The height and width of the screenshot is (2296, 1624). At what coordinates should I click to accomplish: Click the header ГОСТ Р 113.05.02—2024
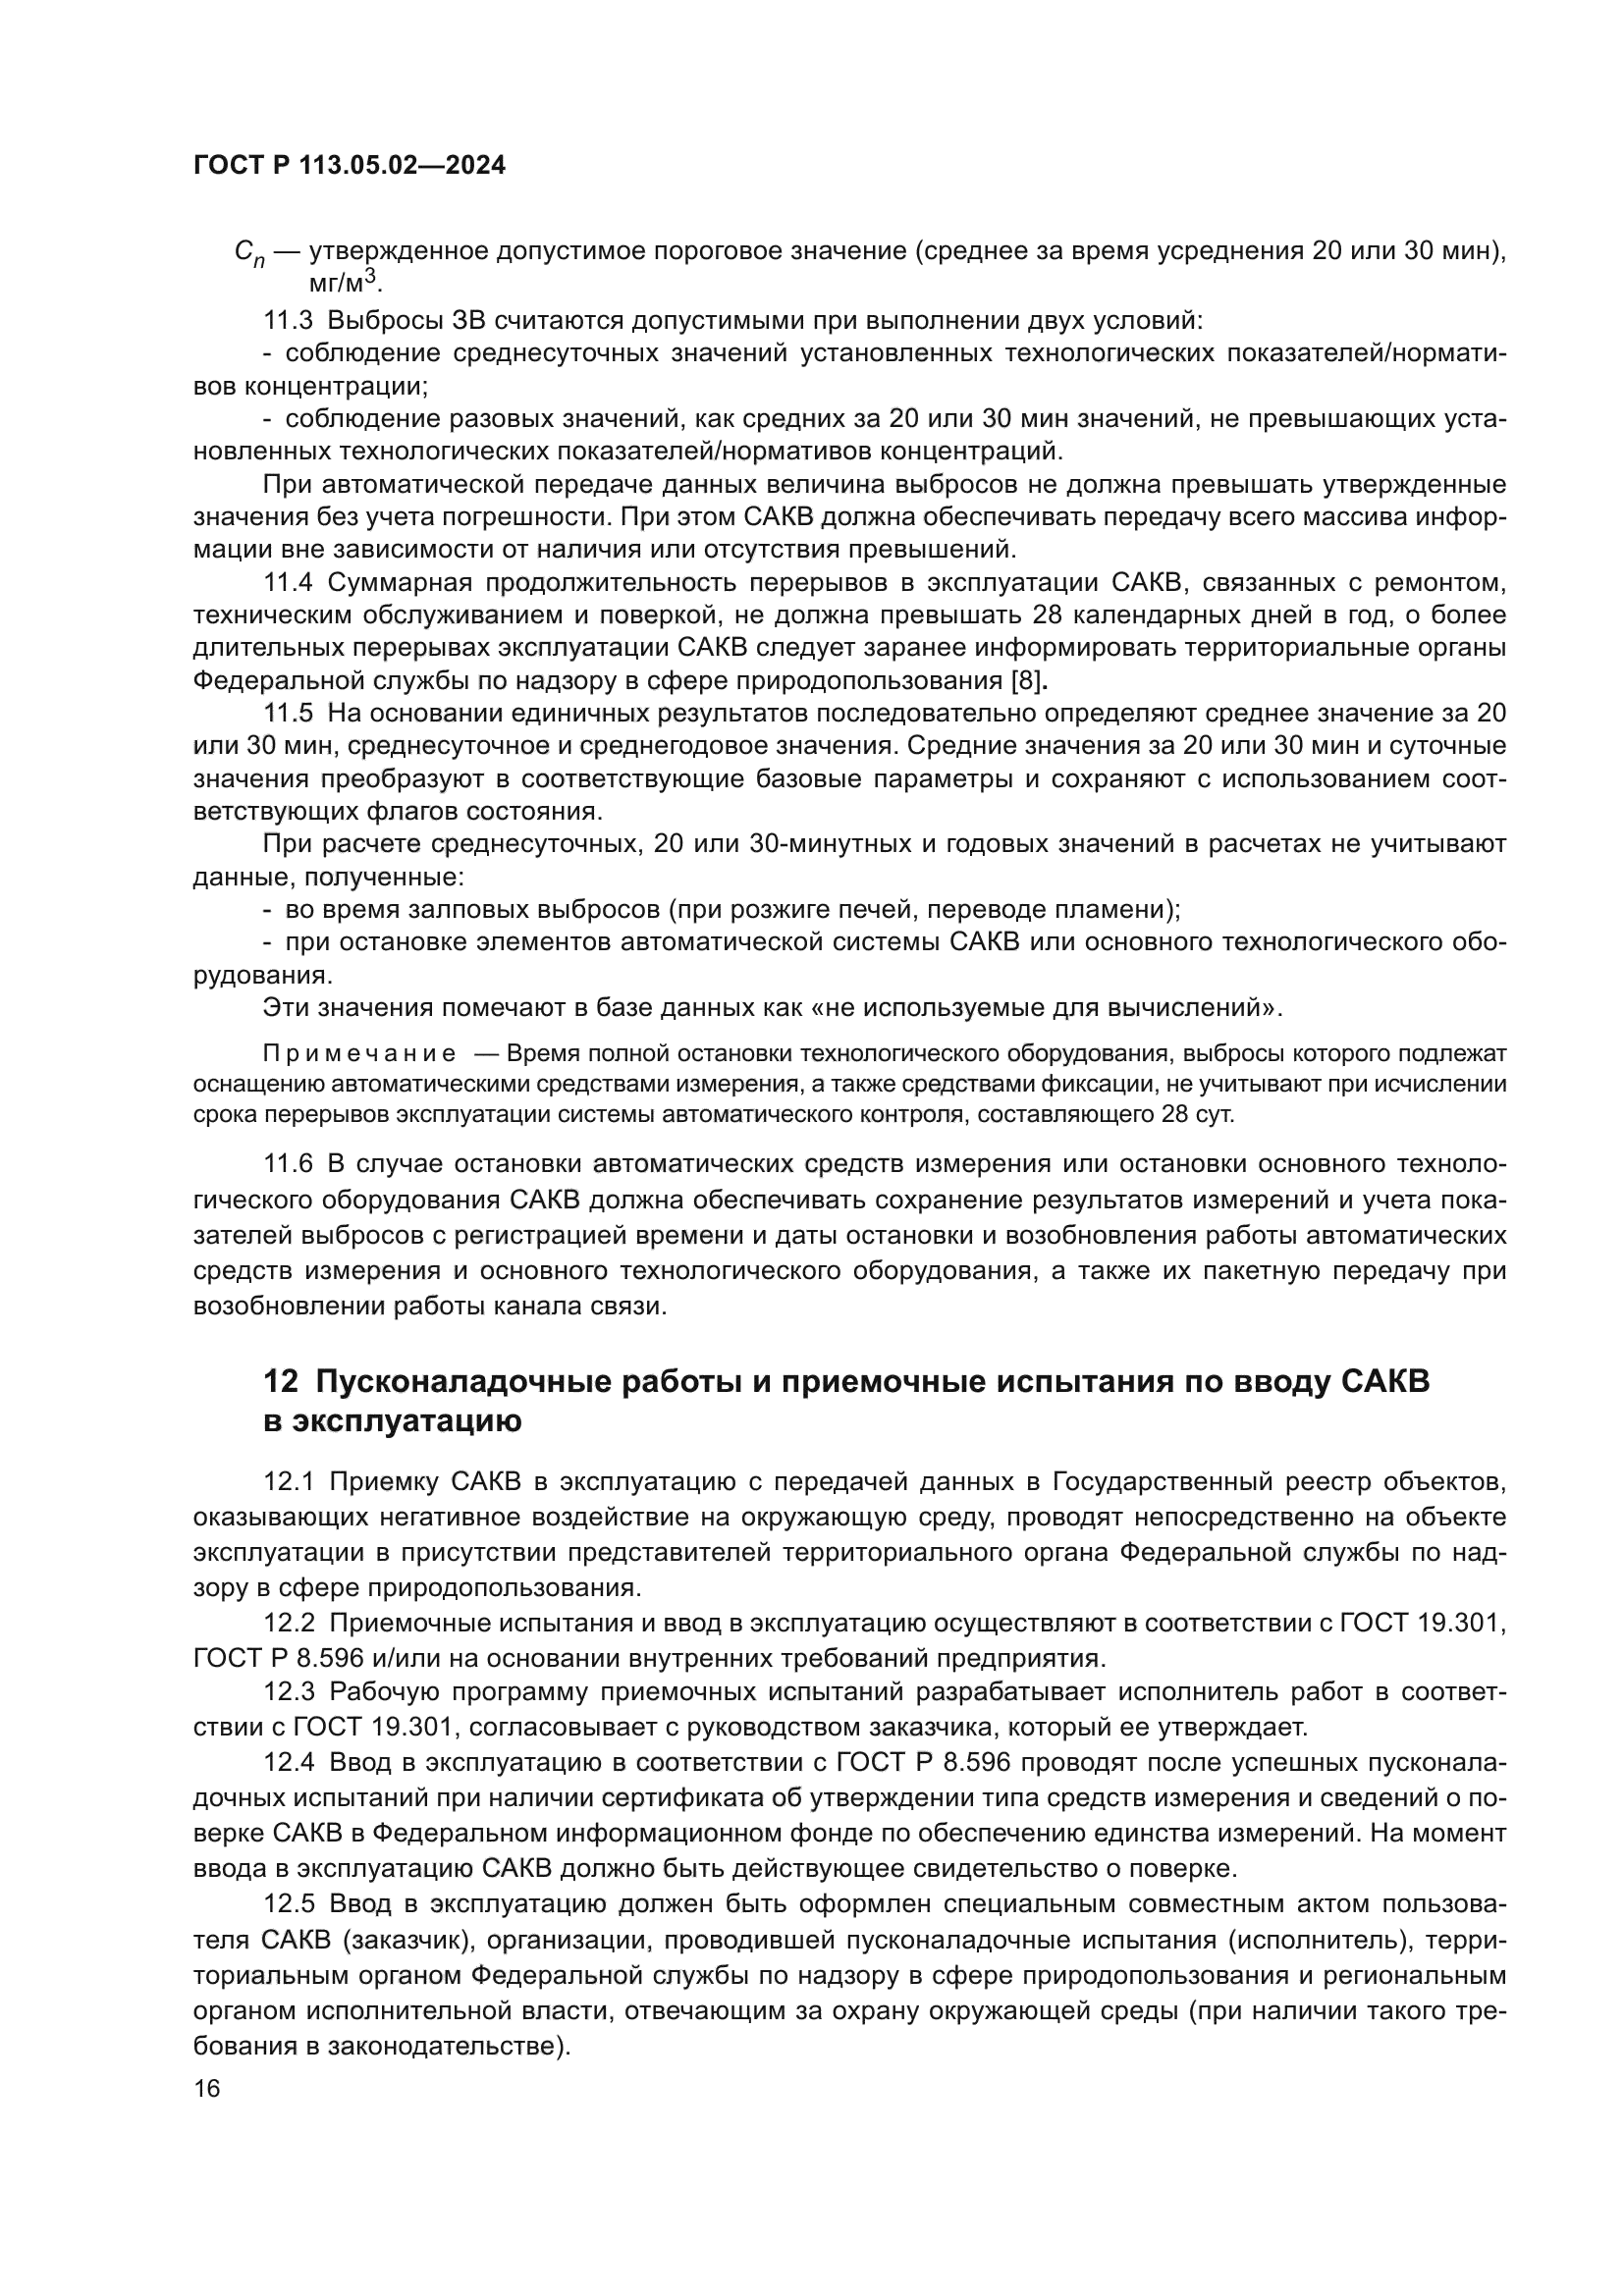pos(349,166)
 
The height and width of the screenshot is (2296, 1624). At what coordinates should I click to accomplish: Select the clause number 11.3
pos(288,321)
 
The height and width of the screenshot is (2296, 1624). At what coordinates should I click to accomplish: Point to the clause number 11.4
pos(288,583)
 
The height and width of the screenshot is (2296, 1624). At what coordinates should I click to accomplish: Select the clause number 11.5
pos(288,714)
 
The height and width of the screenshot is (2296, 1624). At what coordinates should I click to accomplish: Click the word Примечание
pos(359,1055)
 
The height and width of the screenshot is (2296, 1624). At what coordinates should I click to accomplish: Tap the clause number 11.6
pos(288,1164)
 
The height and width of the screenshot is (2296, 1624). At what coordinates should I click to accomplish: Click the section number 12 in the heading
pos(280,1382)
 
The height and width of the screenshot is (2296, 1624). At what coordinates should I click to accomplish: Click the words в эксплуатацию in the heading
pos(392,1421)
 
